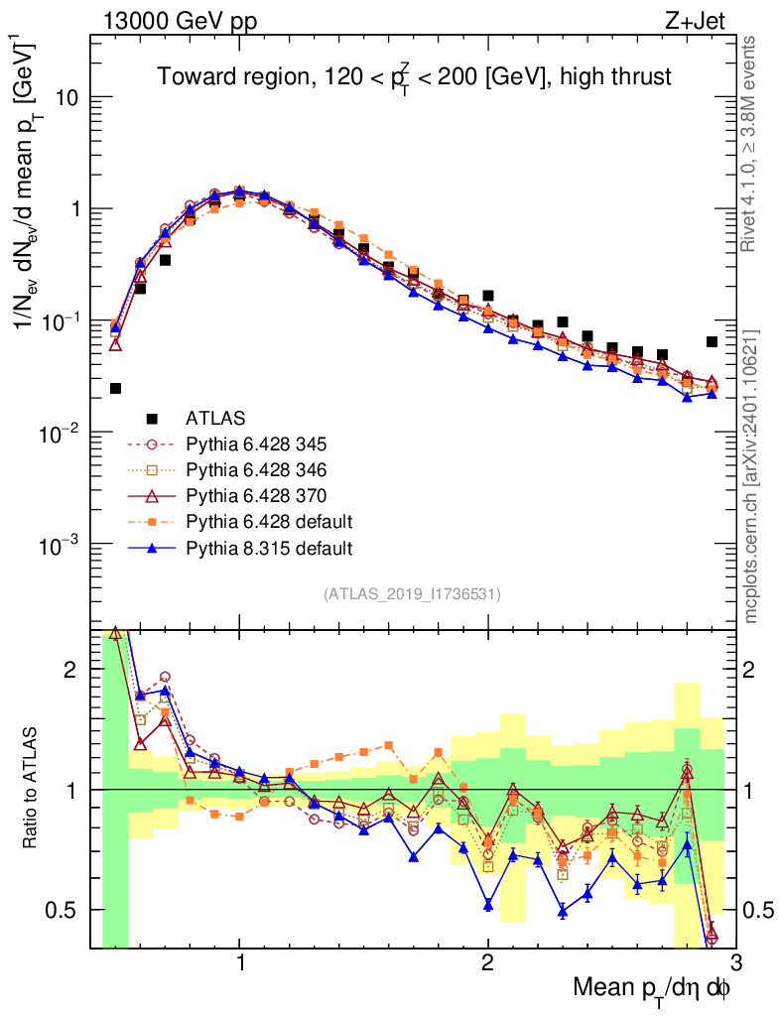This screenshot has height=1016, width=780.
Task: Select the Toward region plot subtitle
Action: coord(415,76)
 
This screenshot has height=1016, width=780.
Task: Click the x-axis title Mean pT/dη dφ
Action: coord(651,987)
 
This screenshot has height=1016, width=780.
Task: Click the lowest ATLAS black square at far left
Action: coord(115,389)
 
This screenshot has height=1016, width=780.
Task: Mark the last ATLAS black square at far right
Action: coord(712,342)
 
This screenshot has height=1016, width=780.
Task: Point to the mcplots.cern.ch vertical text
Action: coord(752,476)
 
